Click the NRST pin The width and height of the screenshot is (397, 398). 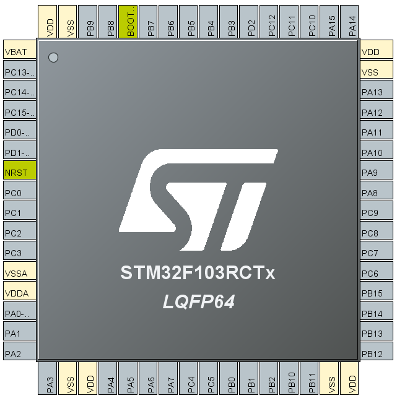click(19, 173)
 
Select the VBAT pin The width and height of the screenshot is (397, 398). click(19, 52)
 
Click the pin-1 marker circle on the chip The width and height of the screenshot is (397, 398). click(53, 58)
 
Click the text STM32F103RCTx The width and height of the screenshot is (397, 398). click(198, 273)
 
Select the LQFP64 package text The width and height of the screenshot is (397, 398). click(198, 301)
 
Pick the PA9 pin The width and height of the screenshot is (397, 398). click(376, 173)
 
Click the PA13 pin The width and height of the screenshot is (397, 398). click(376, 92)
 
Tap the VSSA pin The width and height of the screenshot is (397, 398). click(19, 273)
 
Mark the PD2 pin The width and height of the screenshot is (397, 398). click(251, 22)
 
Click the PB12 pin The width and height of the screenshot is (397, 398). click(376, 353)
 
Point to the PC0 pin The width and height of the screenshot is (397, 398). click(19, 193)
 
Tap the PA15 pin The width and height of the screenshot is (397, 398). click(331, 22)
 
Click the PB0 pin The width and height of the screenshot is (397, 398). click(230, 379)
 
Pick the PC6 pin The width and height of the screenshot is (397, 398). click(376, 273)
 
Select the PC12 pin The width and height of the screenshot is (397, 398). click(271, 22)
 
